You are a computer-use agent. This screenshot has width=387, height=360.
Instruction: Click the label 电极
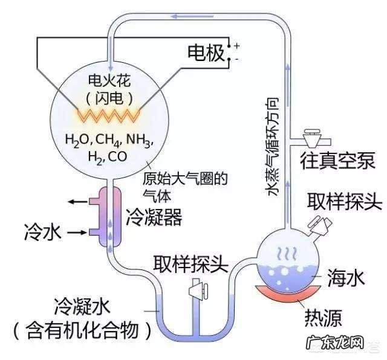(206, 53)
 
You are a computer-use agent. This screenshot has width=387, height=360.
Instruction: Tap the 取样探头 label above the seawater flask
(345, 201)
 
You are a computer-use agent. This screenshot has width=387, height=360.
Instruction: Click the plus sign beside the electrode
(237, 46)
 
